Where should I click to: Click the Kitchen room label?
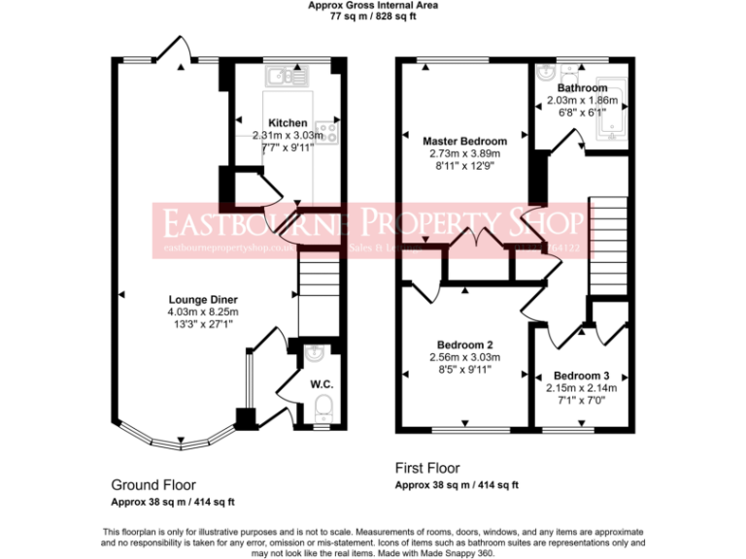[x=288, y=123]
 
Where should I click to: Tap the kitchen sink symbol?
[x=288, y=75]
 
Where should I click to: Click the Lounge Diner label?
[x=203, y=299]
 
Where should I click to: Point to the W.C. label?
[x=322, y=384]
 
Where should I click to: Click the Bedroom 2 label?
[x=463, y=345]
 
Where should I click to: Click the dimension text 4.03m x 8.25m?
[x=203, y=312]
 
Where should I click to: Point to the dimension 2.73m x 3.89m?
[x=463, y=152]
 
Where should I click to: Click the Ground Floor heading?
[x=153, y=484]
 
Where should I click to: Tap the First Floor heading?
[x=427, y=468]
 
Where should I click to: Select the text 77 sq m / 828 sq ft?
[x=373, y=16]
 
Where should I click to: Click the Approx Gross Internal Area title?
[x=373, y=5]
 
